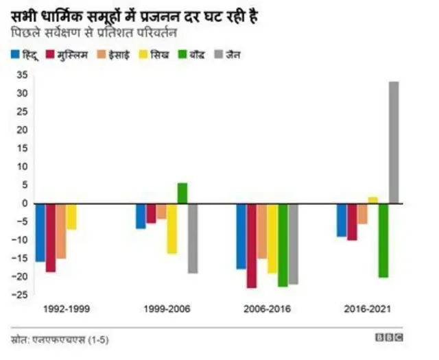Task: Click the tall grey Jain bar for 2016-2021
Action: (x=394, y=142)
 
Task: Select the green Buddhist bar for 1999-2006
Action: (x=182, y=193)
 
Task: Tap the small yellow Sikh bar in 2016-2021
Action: (x=373, y=200)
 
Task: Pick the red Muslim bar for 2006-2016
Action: (x=252, y=245)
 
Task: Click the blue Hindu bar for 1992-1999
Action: (x=40, y=232)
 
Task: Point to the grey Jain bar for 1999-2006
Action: (x=193, y=238)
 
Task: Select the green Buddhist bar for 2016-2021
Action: (x=383, y=240)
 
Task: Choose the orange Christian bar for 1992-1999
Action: (x=61, y=231)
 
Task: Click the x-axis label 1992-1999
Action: (x=66, y=309)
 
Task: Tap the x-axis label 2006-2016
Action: (x=267, y=309)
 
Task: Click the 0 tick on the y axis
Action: (x=24, y=203)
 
